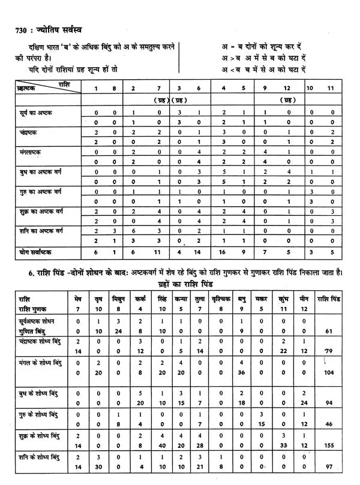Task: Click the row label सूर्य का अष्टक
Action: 35,112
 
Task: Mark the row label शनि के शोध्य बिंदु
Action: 41,457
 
